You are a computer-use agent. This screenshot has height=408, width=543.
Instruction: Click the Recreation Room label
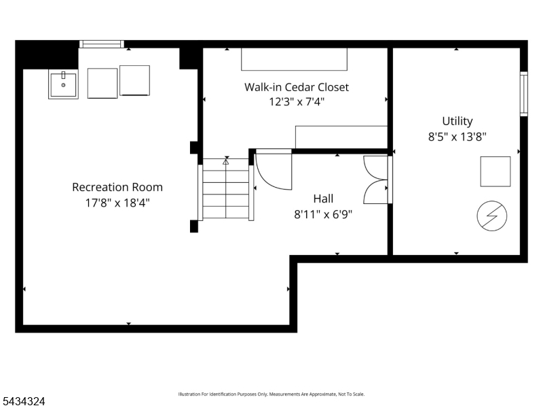117,188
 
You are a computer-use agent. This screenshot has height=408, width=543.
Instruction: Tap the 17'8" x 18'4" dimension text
117,203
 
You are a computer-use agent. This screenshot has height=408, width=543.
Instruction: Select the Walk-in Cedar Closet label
297,87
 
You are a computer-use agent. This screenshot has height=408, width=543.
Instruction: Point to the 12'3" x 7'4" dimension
297,102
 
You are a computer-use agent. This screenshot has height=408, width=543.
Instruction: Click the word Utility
457,122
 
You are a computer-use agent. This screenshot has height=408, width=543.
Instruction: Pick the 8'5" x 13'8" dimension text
457,137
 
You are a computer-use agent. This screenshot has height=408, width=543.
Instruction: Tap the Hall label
323,199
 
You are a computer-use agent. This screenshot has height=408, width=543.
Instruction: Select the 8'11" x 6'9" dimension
323,214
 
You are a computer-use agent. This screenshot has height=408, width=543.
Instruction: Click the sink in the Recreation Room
63,84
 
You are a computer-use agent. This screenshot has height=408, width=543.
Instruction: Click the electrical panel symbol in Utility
491,216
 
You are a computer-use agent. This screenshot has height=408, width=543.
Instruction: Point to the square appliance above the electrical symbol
495,171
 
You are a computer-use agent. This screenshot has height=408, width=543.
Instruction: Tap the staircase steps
226,188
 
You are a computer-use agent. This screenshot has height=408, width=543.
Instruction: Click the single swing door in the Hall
274,170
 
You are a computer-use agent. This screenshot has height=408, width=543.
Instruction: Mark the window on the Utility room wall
523,94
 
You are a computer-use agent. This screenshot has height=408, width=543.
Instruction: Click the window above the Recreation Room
101,44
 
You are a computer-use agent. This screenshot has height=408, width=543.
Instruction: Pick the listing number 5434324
22,401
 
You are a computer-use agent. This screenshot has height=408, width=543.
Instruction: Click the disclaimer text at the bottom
271,394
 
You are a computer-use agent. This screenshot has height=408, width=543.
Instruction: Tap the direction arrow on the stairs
226,162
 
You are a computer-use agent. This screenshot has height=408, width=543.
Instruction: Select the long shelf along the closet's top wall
294,59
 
